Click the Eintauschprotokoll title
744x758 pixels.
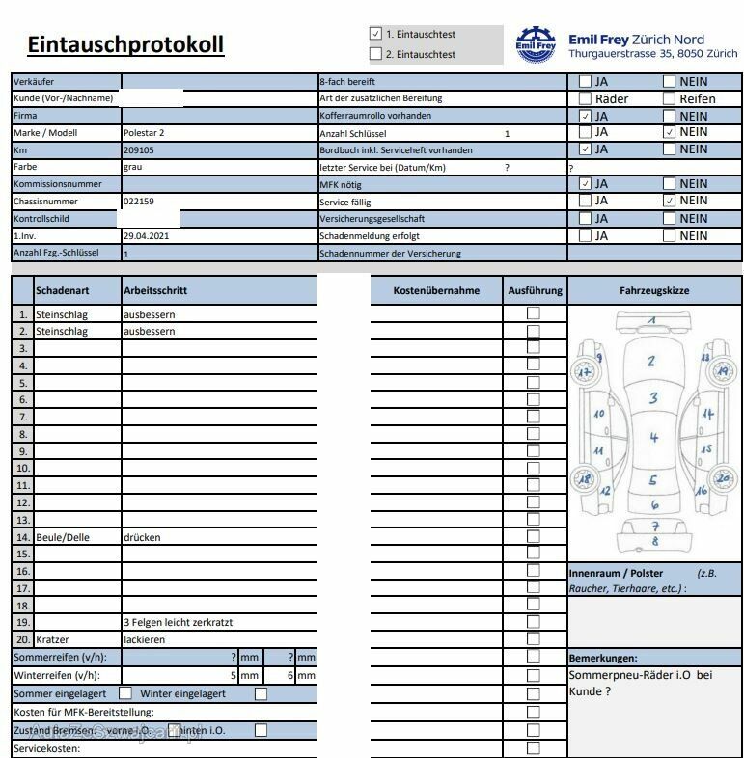click(125, 44)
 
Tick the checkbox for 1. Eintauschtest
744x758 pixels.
click(375, 34)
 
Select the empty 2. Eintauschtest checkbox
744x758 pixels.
click(375, 54)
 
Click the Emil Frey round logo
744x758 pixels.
click(537, 44)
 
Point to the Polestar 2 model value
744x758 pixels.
click(144, 133)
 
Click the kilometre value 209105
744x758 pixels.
click(139, 150)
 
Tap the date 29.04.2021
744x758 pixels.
click(147, 235)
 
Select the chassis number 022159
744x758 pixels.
click(139, 202)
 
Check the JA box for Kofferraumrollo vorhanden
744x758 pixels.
click(585, 116)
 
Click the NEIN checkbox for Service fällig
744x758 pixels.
click(669, 201)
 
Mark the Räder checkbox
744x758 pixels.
click(585, 98)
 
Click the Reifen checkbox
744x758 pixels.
click(669, 98)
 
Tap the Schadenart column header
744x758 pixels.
click(63, 290)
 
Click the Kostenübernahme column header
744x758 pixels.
click(436, 290)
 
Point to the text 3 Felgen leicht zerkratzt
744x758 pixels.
click(178, 622)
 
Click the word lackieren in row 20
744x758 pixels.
click(145, 639)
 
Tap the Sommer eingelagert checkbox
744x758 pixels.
click(125, 692)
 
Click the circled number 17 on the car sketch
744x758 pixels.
click(584, 372)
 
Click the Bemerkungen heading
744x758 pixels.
click(603, 657)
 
